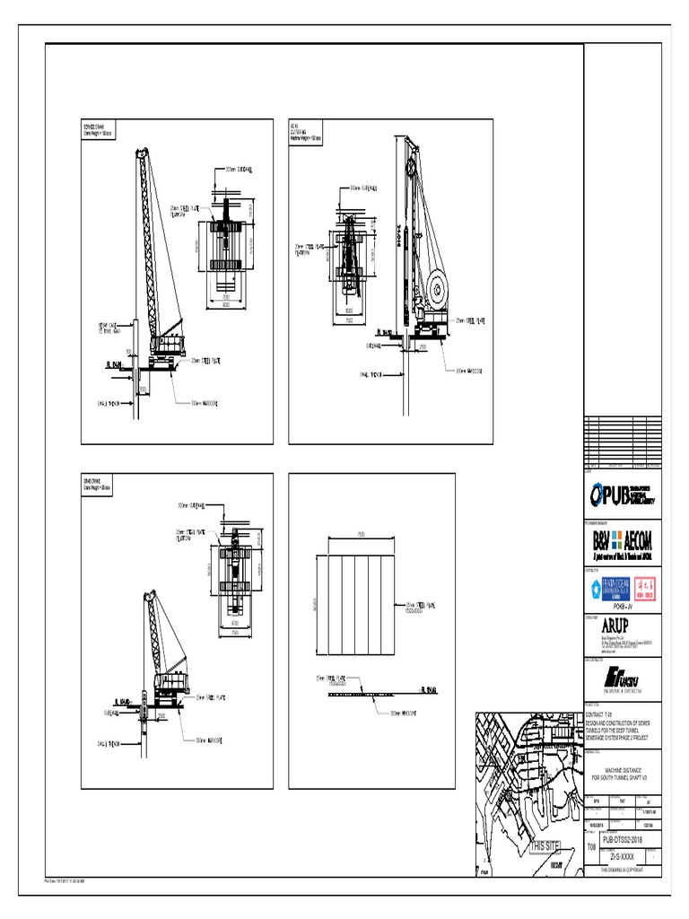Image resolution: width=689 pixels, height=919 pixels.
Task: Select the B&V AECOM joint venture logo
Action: pyautogui.click(x=622, y=541)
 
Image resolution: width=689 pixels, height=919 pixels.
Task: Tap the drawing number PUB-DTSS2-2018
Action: pyautogui.click(x=622, y=839)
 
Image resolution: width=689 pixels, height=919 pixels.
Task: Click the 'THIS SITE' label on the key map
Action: pyautogui.click(x=545, y=846)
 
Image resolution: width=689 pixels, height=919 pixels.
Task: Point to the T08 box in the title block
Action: pyautogui.click(x=591, y=846)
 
